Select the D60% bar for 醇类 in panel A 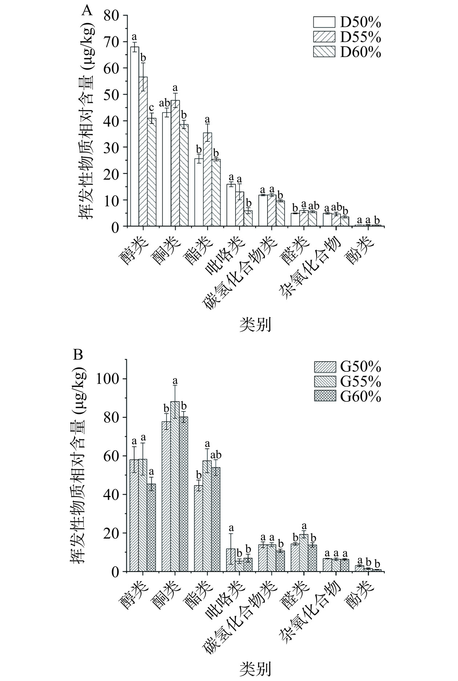click(x=152, y=172)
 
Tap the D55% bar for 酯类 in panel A click(x=208, y=180)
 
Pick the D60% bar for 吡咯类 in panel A click(x=248, y=218)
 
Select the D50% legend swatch click(x=324, y=23)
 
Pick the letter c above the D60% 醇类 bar click(x=152, y=108)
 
